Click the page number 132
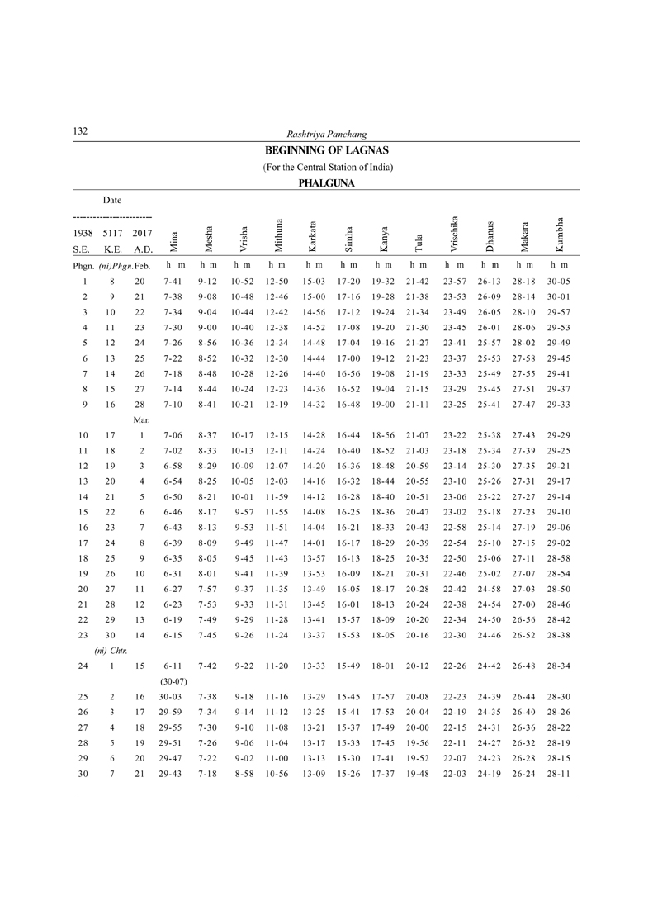point(80,132)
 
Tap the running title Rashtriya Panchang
point(326,134)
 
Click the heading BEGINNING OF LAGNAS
point(327,151)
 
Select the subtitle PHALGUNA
point(327,183)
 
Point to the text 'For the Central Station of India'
point(327,168)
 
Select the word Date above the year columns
point(112,200)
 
